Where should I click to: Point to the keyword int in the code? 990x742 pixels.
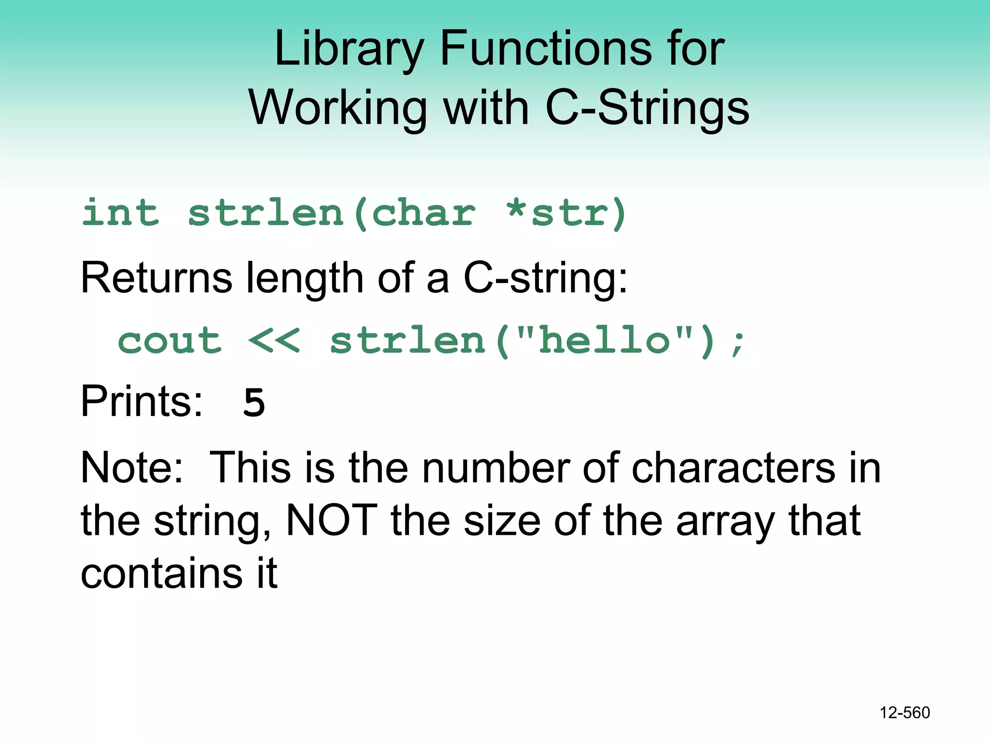(x=120, y=213)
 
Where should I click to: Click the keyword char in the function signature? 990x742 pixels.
(x=423, y=213)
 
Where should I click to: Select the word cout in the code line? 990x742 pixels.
(x=170, y=341)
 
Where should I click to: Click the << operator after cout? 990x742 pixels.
(x=274, y=341)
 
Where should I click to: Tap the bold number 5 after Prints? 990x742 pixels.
(x=254, y=402)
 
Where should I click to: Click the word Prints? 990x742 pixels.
(x=141, y=401)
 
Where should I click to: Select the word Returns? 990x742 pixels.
(x=156, y=278)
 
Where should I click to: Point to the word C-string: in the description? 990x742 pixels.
(x=545, y=279)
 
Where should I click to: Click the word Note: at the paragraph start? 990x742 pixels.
(x=131, y=468)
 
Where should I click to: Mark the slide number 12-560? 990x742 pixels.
(x=904, y=713)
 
